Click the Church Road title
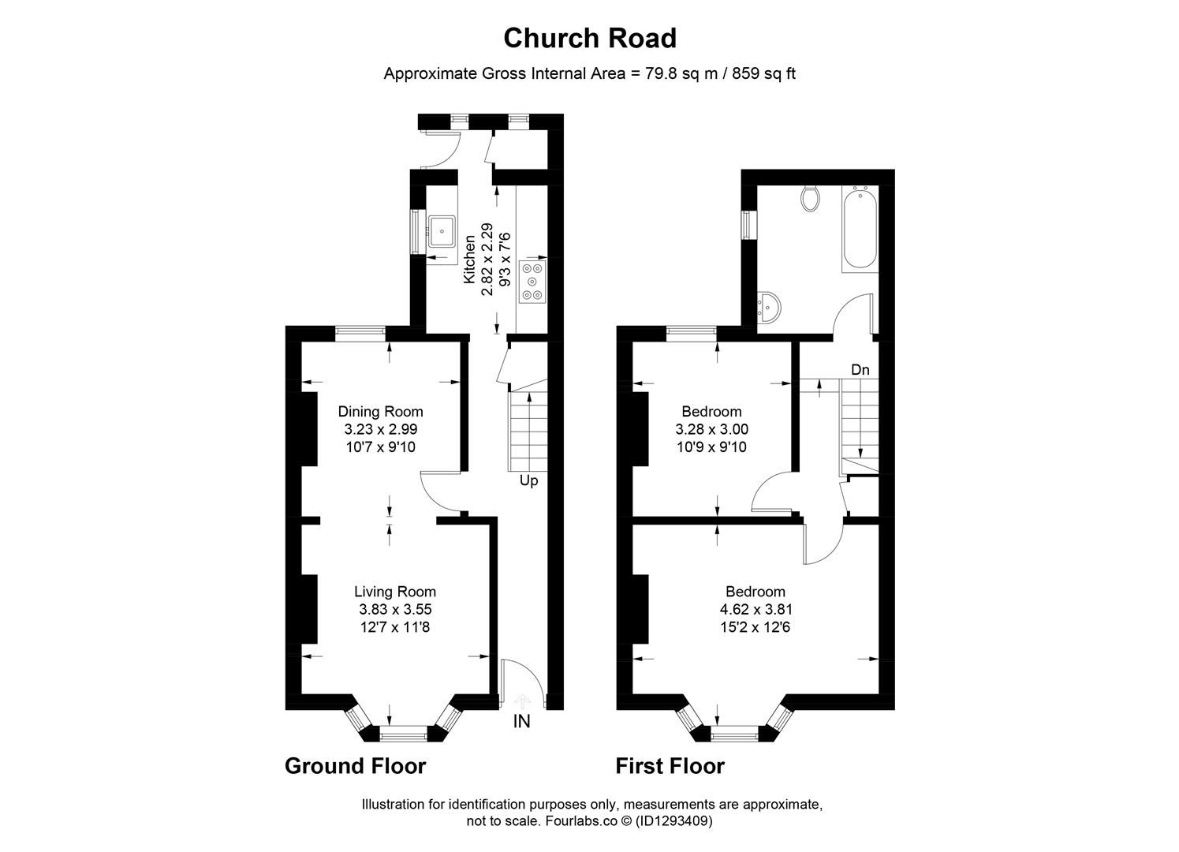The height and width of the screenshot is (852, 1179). tap(589, 38)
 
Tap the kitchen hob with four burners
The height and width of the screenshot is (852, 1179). tap(532, 282)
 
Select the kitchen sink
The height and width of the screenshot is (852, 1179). tap(442, 231)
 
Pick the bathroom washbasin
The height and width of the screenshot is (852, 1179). tap(767, 308)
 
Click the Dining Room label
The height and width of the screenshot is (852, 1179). tap(380, 411)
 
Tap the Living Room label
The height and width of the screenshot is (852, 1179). tap(394, 592)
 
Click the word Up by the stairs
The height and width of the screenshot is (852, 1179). tap(528, 480)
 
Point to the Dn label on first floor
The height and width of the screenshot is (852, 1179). tap(860, 369)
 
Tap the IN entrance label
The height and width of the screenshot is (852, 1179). tap(522, 721)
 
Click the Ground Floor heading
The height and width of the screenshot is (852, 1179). tap(355, 766)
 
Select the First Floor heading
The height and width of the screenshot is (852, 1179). tap(670, 766)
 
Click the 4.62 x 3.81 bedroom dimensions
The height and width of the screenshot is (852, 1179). tap(756, 609)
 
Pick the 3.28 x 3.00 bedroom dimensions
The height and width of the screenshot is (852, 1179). tap(711, 429)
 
